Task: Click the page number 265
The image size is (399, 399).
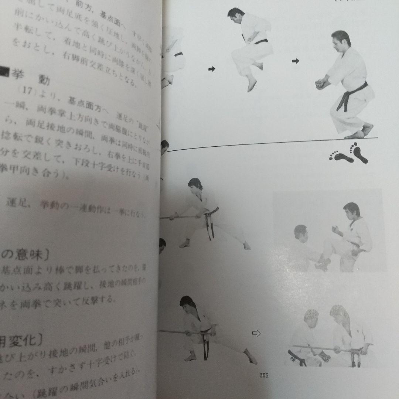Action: pos(264,375)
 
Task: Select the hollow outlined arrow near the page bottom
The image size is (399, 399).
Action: pos(256,333)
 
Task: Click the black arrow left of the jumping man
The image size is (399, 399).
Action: pos(212,69)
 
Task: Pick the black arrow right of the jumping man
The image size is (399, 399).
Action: pos(295,61)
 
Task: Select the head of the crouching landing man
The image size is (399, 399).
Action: pos(340,40)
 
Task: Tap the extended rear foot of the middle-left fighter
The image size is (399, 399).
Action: pos(246,246)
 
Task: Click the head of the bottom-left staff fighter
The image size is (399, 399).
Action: pos(187,303)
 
